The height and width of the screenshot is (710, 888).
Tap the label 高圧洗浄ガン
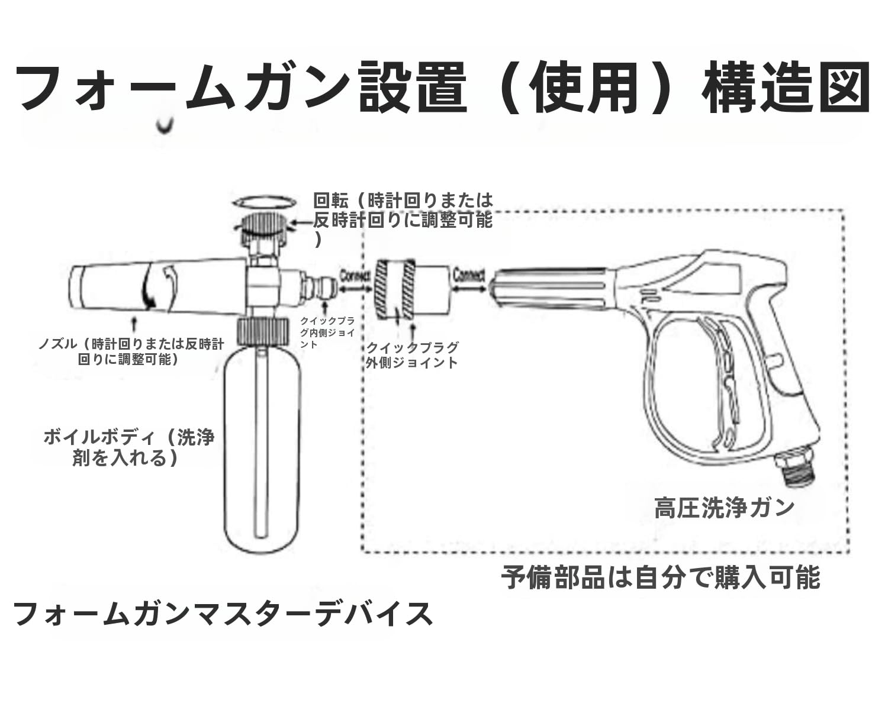coord(724,508)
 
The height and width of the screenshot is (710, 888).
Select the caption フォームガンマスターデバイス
coord(223,614)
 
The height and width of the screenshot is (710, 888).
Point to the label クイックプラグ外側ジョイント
coord(412,355)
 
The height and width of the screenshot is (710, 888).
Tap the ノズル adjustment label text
coord(131,351)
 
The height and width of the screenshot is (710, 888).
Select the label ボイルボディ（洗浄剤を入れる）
coord(129,447)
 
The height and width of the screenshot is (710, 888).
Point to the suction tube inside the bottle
coord(261,444)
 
